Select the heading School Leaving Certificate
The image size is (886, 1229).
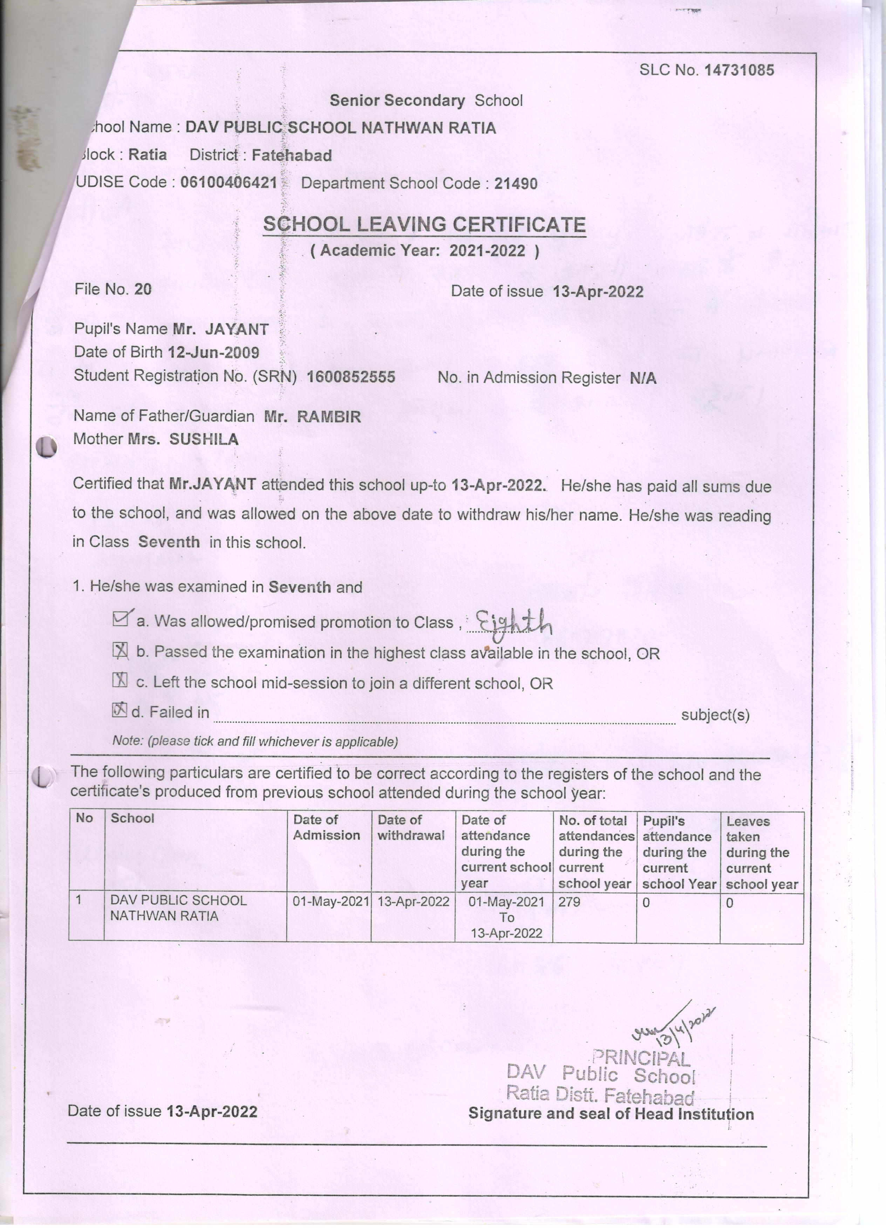(424, 224)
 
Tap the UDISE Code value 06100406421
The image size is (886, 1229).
(228, 182)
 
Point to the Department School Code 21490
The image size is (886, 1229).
(516, 184)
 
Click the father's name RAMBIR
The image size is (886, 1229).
(329, 416)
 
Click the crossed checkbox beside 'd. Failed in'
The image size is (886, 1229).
(119, 710)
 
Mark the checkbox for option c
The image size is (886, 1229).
(119, 681)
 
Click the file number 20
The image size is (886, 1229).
(143, 289)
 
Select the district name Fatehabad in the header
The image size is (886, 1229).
(292, 156)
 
